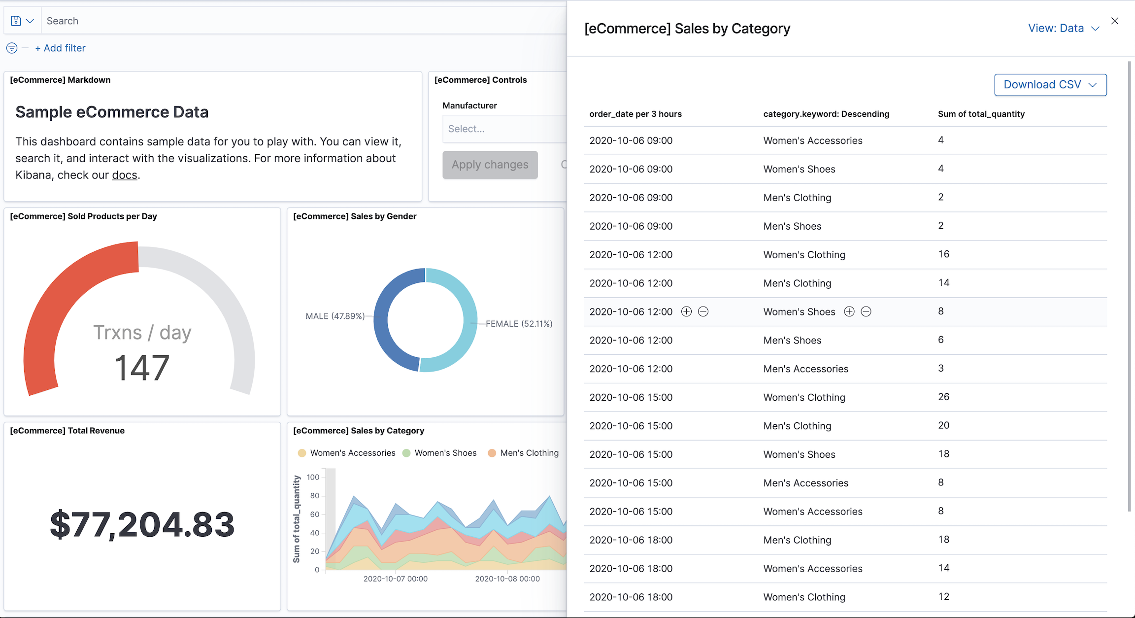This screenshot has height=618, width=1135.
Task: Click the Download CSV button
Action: tap(1050, 85)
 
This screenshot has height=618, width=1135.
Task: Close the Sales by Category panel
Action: tap(1114, 21)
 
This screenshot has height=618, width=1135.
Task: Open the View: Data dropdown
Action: tap(1063, 29)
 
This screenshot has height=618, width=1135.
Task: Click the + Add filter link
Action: tap(60, 48)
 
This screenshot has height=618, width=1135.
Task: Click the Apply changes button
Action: tap(490, 165)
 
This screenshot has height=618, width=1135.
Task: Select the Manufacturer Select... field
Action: tap(502, 129)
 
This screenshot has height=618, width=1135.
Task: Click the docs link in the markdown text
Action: tap(125, 175)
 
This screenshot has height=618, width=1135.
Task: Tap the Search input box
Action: tap(296, 21)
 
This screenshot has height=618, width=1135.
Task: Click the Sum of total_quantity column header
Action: tap(981, 114)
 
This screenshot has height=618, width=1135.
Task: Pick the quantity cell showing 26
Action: tap(943, 397)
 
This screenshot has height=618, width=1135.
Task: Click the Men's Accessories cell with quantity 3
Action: tap(805, 369)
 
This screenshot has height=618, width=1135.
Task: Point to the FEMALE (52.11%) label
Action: tap(519, 324)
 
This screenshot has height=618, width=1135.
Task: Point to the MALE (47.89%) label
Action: tap(335, 316)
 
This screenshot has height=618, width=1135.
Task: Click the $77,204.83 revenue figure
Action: tap(142, 524)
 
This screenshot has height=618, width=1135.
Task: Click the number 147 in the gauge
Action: tap(142, 368)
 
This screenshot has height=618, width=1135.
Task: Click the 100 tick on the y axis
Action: tap(313, 477)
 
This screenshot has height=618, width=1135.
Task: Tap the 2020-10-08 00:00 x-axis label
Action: tap(507, 579)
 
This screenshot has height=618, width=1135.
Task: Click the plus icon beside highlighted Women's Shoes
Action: tap(849, 311)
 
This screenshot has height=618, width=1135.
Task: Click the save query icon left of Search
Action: tap(16, 21)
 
